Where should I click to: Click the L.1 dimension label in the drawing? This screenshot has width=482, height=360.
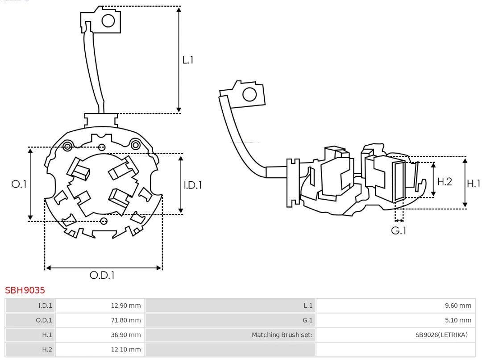click(x=188, y=59)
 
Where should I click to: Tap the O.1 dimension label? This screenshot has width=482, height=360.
click(x=19, y=184)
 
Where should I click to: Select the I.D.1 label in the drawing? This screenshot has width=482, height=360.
click(x=193, y=184)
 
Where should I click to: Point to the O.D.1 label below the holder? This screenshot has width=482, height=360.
click(x=102, y=275)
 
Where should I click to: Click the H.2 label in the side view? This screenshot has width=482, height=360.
click(x=445, y=181)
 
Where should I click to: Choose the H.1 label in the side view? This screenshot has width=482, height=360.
click(x=473, y=183)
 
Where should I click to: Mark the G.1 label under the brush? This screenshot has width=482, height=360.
click(x=399, y=230)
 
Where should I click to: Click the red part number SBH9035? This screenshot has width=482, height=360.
click(x=25, y=290)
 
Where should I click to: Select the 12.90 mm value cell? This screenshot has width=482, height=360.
click(x=125, y=306)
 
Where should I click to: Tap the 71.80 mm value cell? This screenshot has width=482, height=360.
click(x=125, y=320)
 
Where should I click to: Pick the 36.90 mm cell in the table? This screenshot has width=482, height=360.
click(x=125, y=335)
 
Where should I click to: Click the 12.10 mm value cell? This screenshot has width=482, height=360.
click(x=125, y=349)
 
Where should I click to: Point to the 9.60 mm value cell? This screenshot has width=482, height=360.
click(x=458, y=306)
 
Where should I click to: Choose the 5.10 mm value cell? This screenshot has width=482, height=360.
click(x=458, y=320)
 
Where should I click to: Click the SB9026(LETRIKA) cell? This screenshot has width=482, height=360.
click(x=441, y=335)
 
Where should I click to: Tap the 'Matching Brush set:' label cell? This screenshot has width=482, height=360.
click(x=282, y=335)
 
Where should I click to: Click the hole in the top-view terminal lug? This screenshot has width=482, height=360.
click(x=108, y=21)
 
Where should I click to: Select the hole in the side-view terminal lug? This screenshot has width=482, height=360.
click(x=249, y=95)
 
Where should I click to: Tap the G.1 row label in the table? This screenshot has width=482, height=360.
click(x=308, y=320)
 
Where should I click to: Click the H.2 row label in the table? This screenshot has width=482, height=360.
click(x=47, y=349)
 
